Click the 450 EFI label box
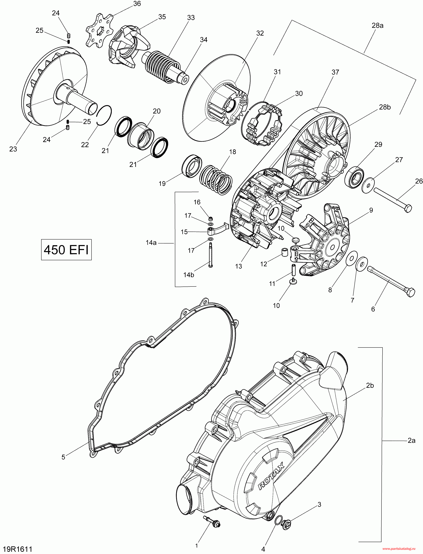point(66,250)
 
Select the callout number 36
point(137,4)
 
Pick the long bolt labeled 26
point(393,199)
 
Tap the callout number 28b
point(385,107)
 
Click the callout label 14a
point(151,243)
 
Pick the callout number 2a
point(411,441)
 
